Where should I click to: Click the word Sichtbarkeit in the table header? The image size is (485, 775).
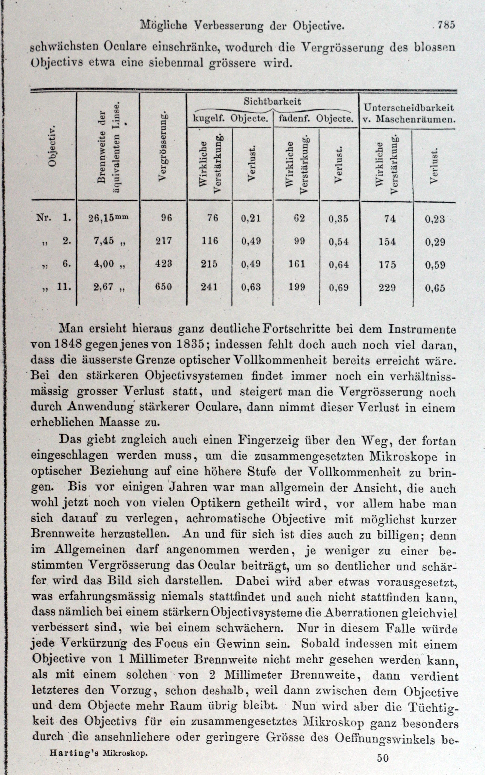tap(272, 102)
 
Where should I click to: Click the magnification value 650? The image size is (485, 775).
tap(164, 286)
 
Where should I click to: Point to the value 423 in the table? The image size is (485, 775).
tap(164, 264)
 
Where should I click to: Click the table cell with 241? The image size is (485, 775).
tap(209, 287)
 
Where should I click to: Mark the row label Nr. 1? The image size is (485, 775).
tap(53, 218)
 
